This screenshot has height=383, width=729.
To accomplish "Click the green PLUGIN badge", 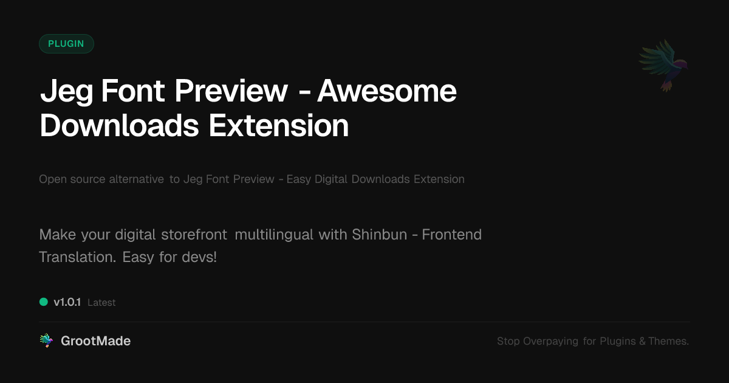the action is tap(66, 44).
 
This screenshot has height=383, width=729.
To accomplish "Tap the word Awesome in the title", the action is tap(387, 91).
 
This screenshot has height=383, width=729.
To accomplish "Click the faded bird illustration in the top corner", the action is tap(663, 66).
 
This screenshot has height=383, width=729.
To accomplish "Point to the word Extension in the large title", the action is tap(279, 126).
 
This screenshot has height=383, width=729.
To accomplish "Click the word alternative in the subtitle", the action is tap(136, 179).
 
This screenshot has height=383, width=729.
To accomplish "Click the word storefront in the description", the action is tap(194, 235).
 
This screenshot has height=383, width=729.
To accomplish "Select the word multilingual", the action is tap(274, 235).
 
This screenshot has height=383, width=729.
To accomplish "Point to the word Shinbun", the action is tap(380, 235).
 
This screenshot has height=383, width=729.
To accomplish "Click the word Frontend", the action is tap(452, 235).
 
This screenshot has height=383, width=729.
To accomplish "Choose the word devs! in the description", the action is tap(199, 257).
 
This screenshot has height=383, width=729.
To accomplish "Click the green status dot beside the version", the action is tap(44, 302).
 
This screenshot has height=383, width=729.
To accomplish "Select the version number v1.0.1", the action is tap(67, 302).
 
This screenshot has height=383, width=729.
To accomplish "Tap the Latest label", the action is tap(101, 303).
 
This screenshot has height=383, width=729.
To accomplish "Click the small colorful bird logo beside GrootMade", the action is tap(46, 340).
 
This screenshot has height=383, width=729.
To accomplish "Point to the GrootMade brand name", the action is tap(96, 341).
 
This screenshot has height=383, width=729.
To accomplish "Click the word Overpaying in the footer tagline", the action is tap(550, 341).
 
